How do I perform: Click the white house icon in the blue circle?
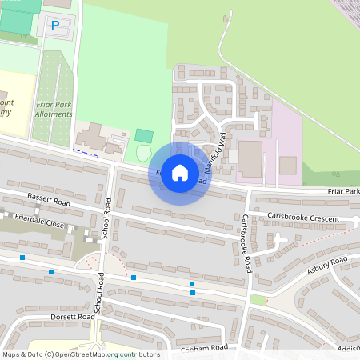[180, 173]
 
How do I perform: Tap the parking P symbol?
[55, 26]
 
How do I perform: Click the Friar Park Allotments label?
[54, 109]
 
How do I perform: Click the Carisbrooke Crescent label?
[303, 218]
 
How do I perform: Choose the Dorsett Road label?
[47, 317]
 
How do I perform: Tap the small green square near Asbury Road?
[257, 299]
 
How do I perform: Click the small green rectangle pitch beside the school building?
[144, 135]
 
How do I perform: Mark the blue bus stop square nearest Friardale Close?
[22, 258]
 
